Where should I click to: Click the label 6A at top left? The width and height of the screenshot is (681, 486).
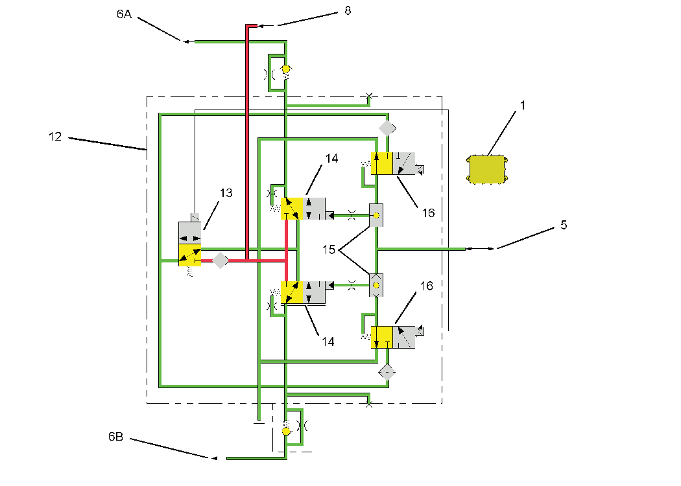(x=124, y=14)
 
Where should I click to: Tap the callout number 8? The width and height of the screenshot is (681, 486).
(x=348, y=11)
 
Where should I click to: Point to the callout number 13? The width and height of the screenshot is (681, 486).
(x=226, y=193)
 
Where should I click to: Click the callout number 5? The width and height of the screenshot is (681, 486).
(x=564, y=225)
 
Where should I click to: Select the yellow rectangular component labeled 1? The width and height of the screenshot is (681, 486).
(x=487, y=170)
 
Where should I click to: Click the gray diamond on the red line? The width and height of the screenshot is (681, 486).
(x=221, y=260)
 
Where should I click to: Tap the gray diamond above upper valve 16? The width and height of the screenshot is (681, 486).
(x=387, y=128)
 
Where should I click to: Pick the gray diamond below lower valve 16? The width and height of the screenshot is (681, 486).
(x=387, y=372)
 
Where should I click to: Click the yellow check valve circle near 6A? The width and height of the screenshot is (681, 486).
(x=286, y=68)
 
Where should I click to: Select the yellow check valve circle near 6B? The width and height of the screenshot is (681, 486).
(x=286, y=431)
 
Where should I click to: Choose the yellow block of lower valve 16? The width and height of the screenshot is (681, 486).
(x=382, y=338)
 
